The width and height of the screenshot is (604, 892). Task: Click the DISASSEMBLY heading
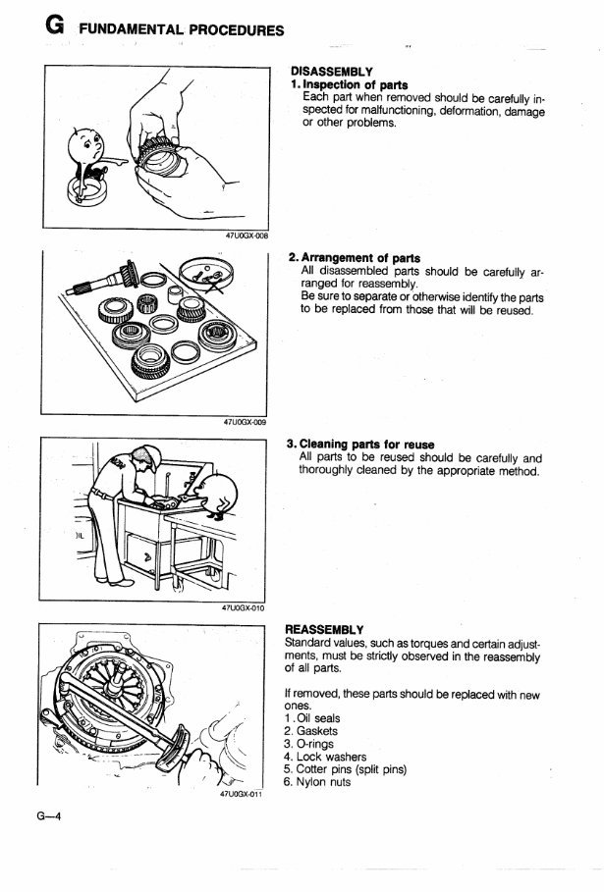(330, 73)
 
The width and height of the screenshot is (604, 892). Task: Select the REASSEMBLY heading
(324, 628)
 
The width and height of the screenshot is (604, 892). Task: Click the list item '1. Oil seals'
(310, 718)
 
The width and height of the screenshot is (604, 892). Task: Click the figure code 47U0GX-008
(247, 236)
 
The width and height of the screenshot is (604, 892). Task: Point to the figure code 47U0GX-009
(247, 423)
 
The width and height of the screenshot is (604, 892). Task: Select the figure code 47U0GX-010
(247, 607)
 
